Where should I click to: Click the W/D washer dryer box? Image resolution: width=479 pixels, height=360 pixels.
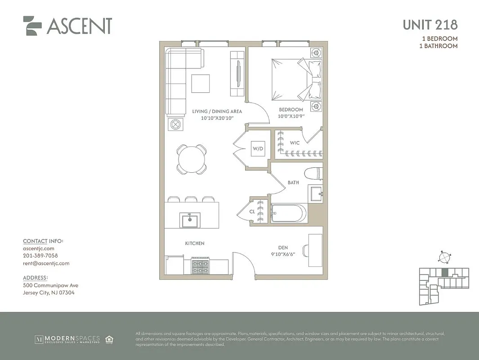258,148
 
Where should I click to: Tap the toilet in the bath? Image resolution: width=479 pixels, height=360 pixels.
313,173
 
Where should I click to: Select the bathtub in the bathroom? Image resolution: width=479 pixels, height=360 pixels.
289,214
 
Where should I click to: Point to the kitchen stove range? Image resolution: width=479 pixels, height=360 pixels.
201,266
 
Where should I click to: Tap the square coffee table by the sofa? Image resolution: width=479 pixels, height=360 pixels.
201,83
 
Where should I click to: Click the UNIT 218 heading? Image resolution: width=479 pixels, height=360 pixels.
430,25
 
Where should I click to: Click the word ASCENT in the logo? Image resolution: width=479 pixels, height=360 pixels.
79,27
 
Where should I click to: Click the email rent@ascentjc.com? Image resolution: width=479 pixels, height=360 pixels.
46,264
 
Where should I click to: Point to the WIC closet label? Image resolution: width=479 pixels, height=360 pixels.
295,143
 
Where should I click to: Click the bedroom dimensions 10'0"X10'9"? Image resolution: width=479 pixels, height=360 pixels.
291,116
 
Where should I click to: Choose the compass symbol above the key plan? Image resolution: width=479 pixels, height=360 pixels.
444,257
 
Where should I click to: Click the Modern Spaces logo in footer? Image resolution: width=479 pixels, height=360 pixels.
67,339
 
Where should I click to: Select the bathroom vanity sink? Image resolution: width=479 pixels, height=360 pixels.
315,193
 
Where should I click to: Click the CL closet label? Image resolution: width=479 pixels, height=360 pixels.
252,211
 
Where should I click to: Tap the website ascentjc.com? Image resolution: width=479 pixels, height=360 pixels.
39,248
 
